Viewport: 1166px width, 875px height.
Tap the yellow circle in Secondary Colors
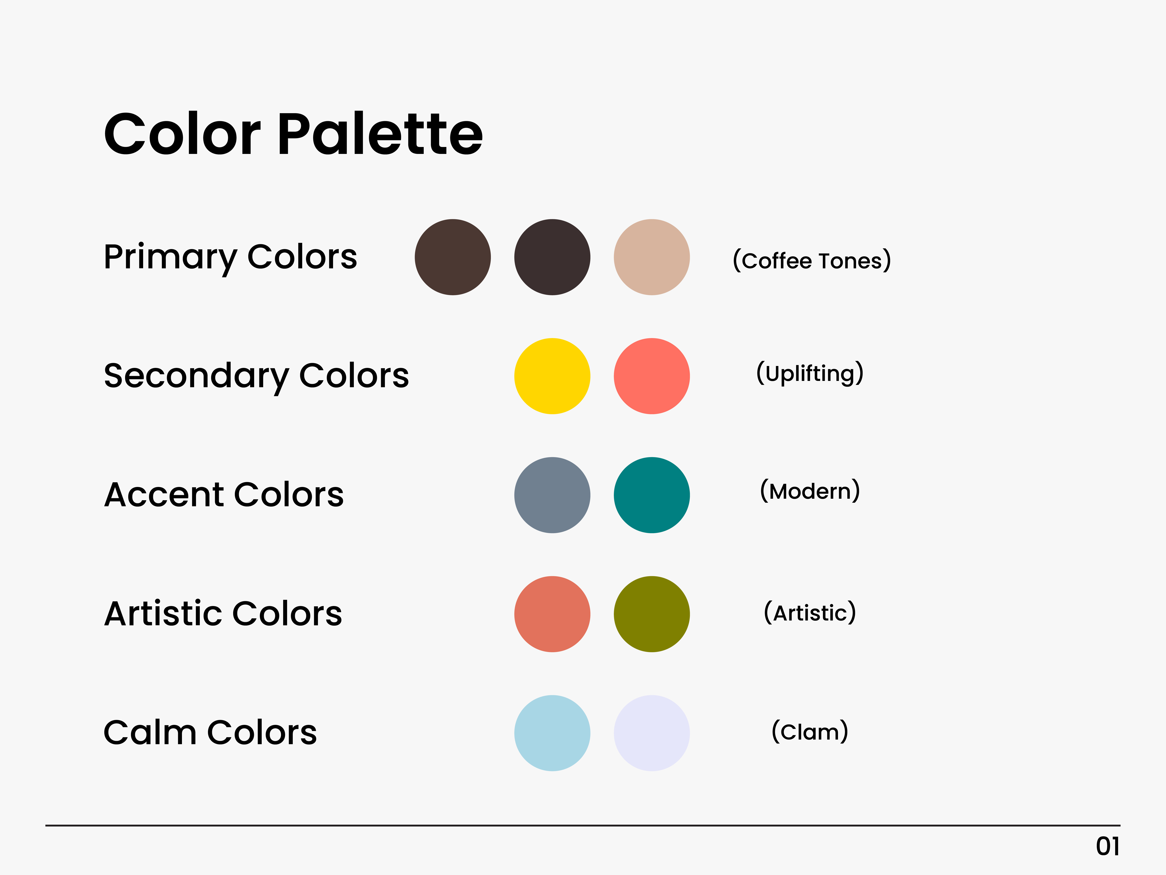point(552,376)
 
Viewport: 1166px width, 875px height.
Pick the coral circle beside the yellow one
point(652,376)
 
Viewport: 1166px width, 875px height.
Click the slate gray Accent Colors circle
point(552,495)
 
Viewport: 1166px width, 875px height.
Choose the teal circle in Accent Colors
point(652,495)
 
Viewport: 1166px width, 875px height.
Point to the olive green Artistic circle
point(652,614)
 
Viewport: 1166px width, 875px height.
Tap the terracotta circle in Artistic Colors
point(552,614)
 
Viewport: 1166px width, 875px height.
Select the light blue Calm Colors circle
point(552,733)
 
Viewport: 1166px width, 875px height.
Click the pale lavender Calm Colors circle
point(652,733)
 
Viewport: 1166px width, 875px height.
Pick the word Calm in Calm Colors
point(150,733)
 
